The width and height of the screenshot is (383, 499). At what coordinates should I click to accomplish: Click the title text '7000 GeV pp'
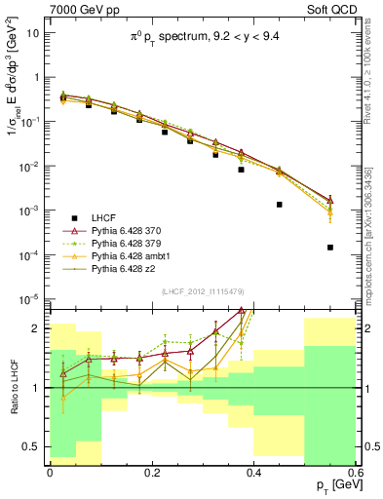tap(79, 9)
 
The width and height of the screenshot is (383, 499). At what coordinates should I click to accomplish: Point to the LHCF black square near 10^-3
tap(280, 205)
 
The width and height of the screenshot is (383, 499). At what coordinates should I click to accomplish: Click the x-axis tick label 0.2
tap(151, 473)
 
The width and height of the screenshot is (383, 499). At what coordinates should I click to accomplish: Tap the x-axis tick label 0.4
tap(253, 473)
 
